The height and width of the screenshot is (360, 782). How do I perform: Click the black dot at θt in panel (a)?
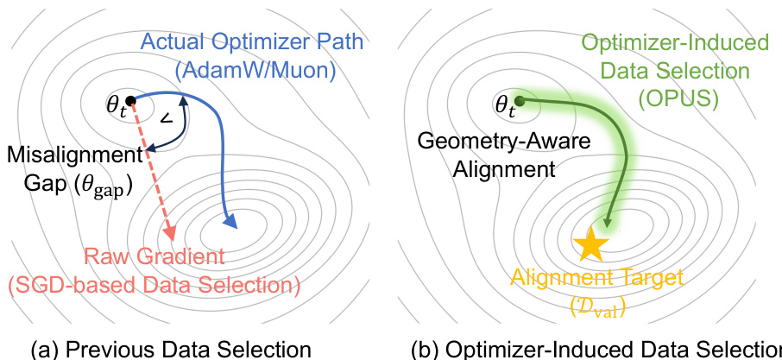[x=130, y=100]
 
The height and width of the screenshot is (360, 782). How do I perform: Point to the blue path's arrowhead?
[x=230, y=224]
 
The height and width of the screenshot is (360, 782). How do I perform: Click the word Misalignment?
[x=73, y=155]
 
